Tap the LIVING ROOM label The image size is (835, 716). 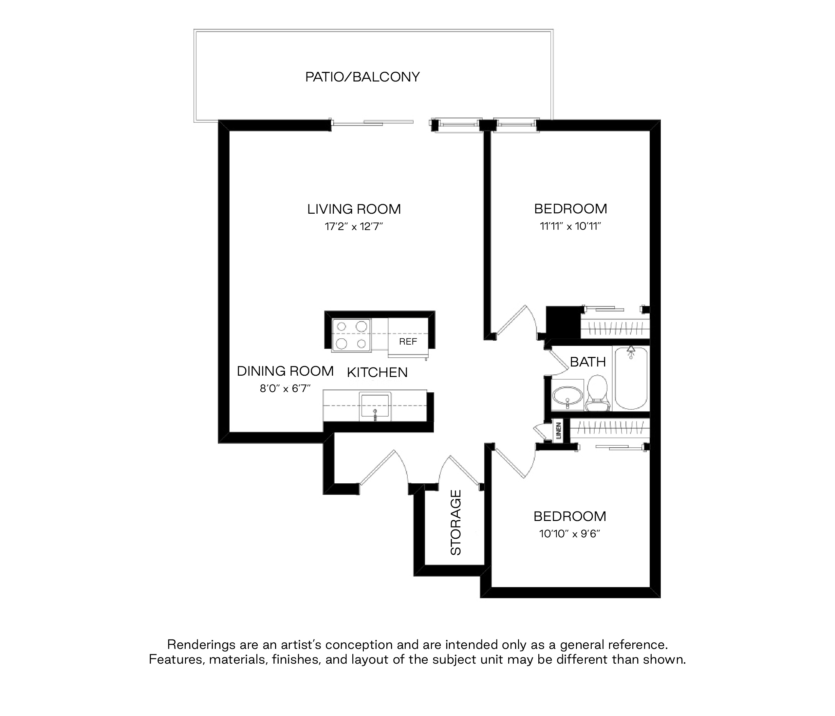click(354, 209)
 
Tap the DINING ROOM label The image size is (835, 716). click(285, 371)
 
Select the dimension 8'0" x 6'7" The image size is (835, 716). click(285, 389)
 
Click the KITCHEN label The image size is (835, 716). click(377, 372)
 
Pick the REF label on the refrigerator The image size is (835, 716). click(408, 342)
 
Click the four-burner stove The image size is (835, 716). click(351, 335)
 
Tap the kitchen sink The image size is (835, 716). click(375, 405)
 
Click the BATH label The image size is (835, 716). click(588, 362)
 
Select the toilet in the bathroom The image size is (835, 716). click(597, 393)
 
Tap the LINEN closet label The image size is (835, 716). click(558, 431)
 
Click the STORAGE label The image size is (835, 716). click(455, 522)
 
